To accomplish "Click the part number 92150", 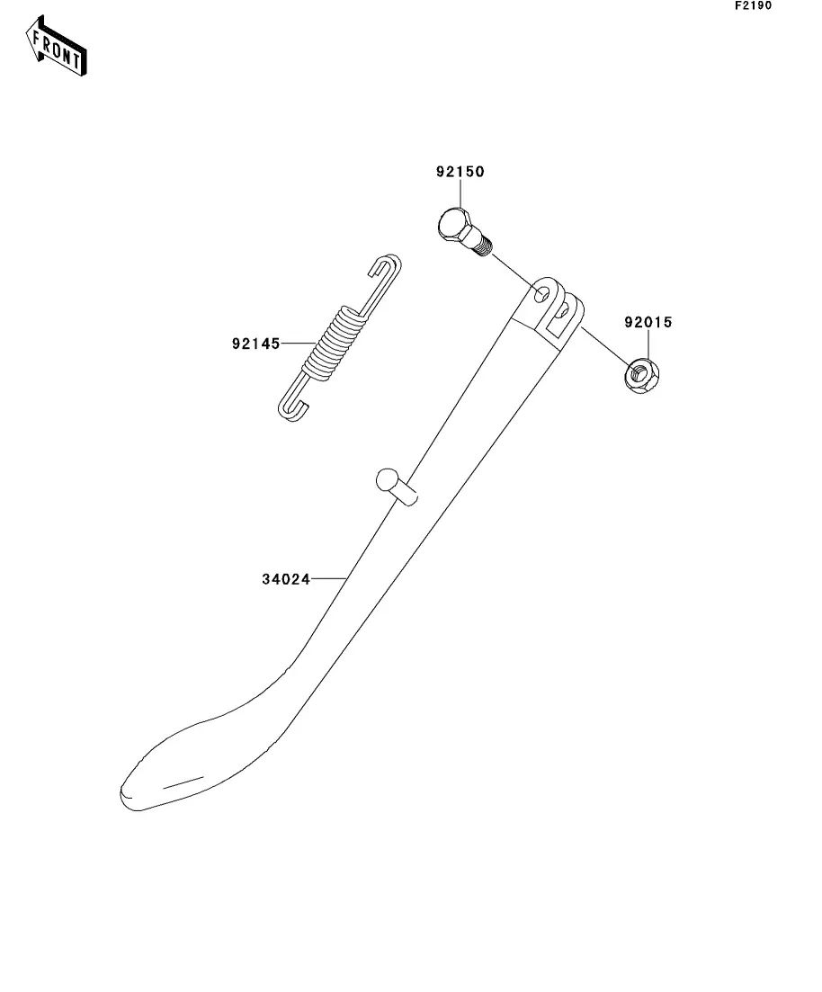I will (460, 172).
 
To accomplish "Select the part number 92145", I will (255, 343).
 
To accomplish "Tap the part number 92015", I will (648, 321).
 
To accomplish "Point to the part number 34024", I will (286, 579).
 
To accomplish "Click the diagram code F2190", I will (753, 6).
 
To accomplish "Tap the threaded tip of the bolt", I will (486, 245).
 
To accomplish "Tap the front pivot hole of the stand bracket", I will (542, 293).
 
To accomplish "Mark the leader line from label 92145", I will (296, 343).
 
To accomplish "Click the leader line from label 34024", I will (329, 579).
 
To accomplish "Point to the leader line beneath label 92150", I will (460, 193).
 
